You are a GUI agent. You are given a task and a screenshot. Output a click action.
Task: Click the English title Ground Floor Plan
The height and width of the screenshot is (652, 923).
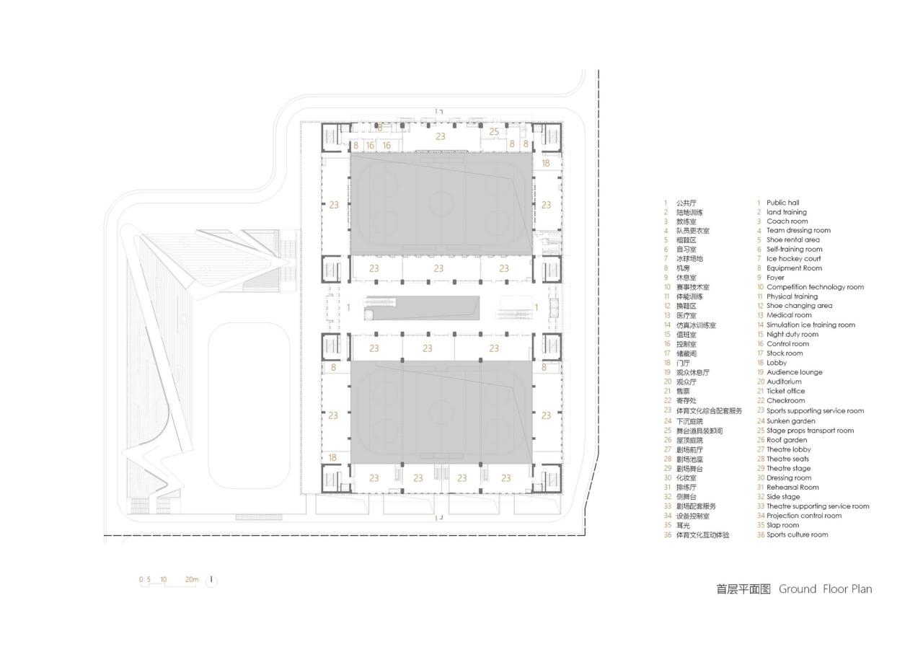[825, 589]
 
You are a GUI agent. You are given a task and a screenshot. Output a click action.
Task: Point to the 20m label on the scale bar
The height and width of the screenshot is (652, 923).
[191, 579]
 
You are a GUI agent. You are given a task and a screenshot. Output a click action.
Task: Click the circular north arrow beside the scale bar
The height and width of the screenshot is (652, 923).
[211, 581]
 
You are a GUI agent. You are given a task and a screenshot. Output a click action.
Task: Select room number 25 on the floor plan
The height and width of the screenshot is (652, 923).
[494, 131]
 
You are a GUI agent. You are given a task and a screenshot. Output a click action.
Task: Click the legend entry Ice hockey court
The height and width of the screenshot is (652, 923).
[793, 258]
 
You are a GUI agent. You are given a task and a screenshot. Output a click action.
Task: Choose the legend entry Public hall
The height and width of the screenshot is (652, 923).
[782, 203]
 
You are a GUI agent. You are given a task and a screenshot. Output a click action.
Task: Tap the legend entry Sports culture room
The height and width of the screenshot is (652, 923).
[797, 534]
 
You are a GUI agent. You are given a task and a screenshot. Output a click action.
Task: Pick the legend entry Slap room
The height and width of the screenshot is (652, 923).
[782, 525]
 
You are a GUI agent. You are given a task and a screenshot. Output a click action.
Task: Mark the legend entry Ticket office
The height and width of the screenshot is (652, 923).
[785, 391]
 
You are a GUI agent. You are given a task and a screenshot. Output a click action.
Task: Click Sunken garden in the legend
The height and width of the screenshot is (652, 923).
[790, 420]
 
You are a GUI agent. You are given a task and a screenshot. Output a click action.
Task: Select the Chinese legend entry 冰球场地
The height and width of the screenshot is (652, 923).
[689, 258]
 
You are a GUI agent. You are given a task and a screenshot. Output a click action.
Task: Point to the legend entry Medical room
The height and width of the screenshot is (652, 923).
[789, 315]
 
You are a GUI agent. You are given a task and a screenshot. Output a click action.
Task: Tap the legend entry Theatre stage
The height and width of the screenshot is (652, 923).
[788, 468]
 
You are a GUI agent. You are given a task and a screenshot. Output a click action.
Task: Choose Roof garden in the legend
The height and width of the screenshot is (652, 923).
[787, 440]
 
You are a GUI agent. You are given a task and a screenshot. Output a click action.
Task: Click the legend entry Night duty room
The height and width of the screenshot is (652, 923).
[792, 334]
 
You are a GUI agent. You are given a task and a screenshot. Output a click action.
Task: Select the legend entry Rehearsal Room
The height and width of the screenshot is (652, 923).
[792, 487]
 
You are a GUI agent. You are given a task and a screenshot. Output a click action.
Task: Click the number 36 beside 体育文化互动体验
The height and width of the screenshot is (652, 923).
[668, 535]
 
